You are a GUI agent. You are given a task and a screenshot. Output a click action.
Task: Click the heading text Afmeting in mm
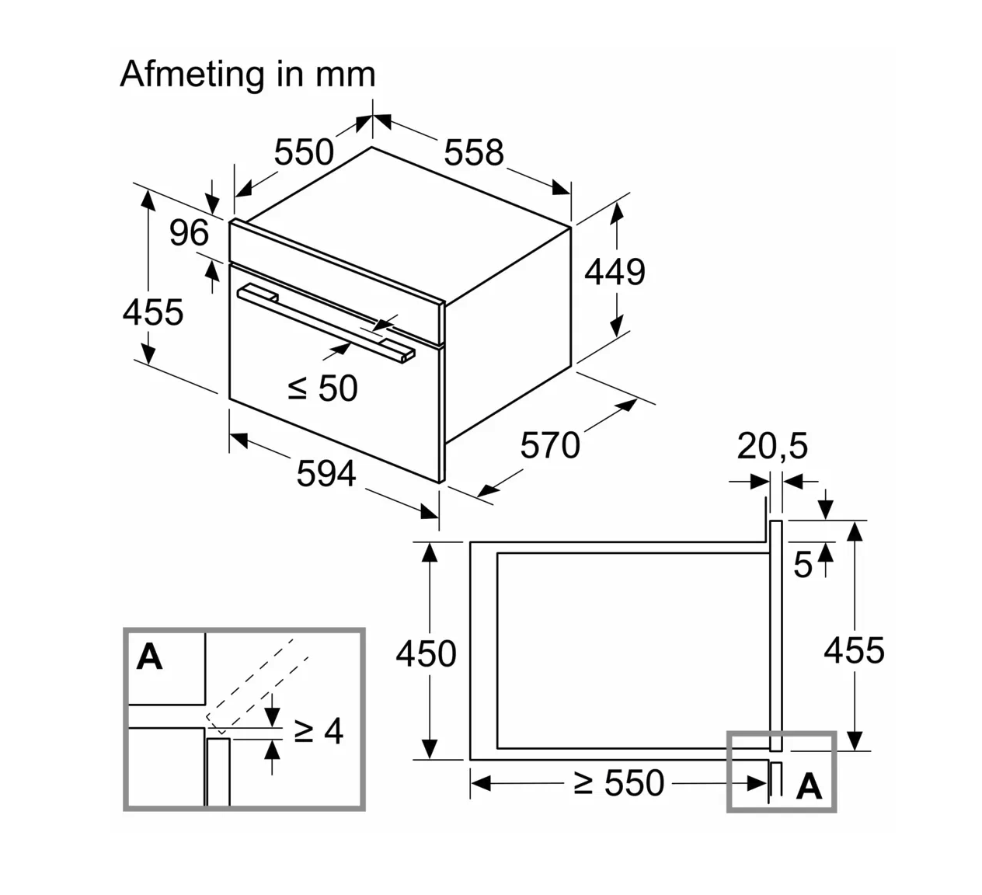pyautogui.click(x=248, y=75)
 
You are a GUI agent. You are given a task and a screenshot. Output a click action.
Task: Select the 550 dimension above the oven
pyautogui.click(x=304, y=151)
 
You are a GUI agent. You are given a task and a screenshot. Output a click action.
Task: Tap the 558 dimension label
pyautogui.click(x=474, y=151)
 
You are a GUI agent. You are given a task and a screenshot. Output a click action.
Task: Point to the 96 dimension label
pyautogui.click(x=189, y=232)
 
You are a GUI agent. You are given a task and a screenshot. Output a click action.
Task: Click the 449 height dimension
pyautogui.click(x=615, y=272)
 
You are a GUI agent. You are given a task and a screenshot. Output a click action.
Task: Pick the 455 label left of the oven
pyautogui.click(x=153, y=312)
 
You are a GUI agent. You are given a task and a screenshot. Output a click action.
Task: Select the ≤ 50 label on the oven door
pyautogui.click(x=322, y=388)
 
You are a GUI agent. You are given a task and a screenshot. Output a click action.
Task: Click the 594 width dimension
pyautogui.click(x=326, y=473)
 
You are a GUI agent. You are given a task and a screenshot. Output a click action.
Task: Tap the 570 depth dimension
pyautogui.click(x=550, y=445)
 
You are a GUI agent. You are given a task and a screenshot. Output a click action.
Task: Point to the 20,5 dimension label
pyautogui.click(x=772, y=446)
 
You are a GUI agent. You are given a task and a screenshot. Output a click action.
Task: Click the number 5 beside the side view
pyautogui.click(x=803, y=565)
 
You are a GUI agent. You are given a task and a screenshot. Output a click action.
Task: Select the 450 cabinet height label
pyautogui.click(x=426, y=653)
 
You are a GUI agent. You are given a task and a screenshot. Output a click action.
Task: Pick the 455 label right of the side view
pyautogui.click(x=854, y=649)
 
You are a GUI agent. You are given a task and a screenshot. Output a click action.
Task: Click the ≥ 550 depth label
pyautogui.click(x=619, y=783)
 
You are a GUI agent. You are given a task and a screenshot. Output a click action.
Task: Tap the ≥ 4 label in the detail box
pyautogui.click(x=318, y=730)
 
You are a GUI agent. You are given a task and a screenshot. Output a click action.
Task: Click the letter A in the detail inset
pyautogui.click(x=149, y=657)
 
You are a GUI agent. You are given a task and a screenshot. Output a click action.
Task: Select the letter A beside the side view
pyautogui.click(x=809, y=787)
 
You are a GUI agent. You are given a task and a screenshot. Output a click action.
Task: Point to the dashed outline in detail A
pyautogui.click(x=256, y=684)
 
